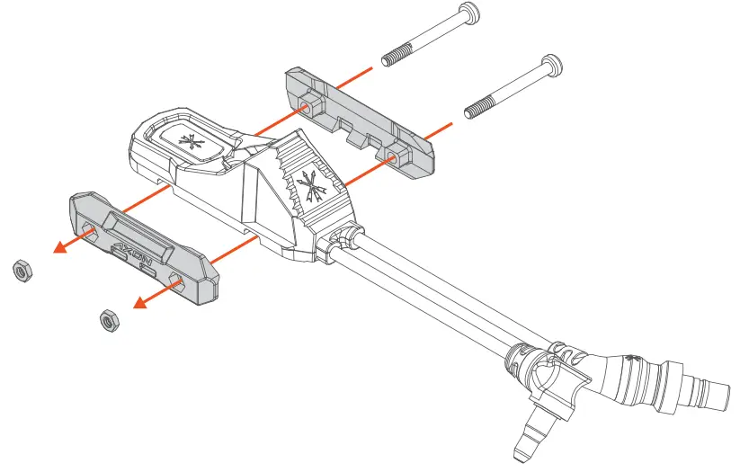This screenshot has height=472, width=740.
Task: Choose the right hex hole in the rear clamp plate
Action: coord(393,157)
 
